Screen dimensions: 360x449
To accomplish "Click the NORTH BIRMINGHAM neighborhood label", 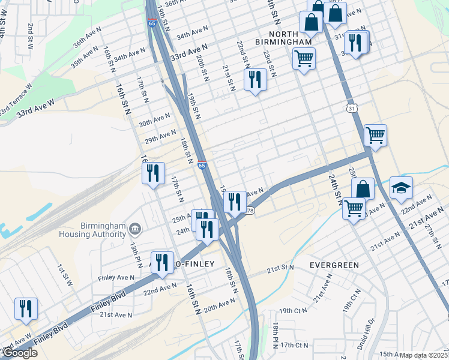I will (291, 38).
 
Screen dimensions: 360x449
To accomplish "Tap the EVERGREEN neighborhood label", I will (334, 265).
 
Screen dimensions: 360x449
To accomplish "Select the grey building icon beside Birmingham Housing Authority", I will (135, 229).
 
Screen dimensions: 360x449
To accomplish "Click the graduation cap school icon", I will (401, 188).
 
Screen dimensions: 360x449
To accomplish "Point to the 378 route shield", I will (250, 211).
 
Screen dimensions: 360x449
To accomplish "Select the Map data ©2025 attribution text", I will (424, 355).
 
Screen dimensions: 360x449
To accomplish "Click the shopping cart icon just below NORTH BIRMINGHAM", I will (304, 59).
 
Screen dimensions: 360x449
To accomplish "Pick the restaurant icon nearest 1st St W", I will (26, 308).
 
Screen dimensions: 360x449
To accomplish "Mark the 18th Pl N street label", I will (275, 332).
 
